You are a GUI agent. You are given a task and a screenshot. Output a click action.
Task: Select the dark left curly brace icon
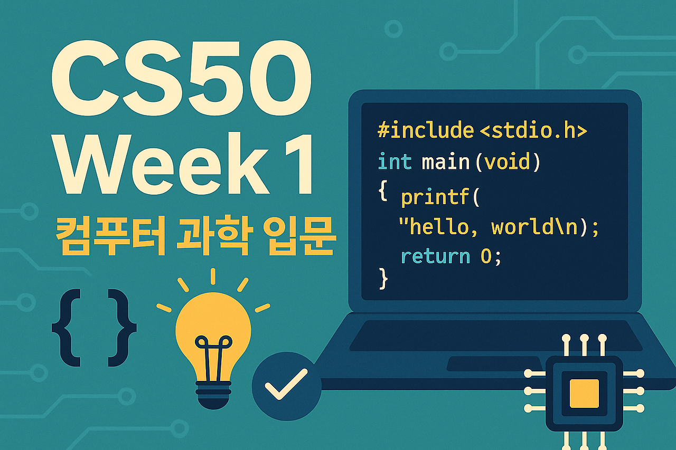pyautogui.click(x=65, y=328)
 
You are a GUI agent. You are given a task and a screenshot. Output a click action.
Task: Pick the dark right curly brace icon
pyautogui.click(x=122, y=328)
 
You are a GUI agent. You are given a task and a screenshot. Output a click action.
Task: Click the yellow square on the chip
pyautogui.click(x=584, y=392)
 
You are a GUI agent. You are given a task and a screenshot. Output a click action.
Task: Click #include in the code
pyautogui.click(x=425, y=130)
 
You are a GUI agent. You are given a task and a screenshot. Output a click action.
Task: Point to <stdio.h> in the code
pyautogui.click(x=533, y=130)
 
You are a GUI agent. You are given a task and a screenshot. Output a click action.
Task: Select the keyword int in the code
pyautogui.click(x=395, y=162)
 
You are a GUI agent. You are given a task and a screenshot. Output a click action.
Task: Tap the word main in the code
pyautogui.click(x=445, y=162)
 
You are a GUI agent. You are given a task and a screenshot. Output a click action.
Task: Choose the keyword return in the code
pyautogui.click(x=435, y=257)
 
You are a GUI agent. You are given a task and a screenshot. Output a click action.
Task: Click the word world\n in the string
pyautogui.click(x=534, y=227)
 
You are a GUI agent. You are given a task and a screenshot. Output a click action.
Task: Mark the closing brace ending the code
pyautogui.click(x=383, y=279)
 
